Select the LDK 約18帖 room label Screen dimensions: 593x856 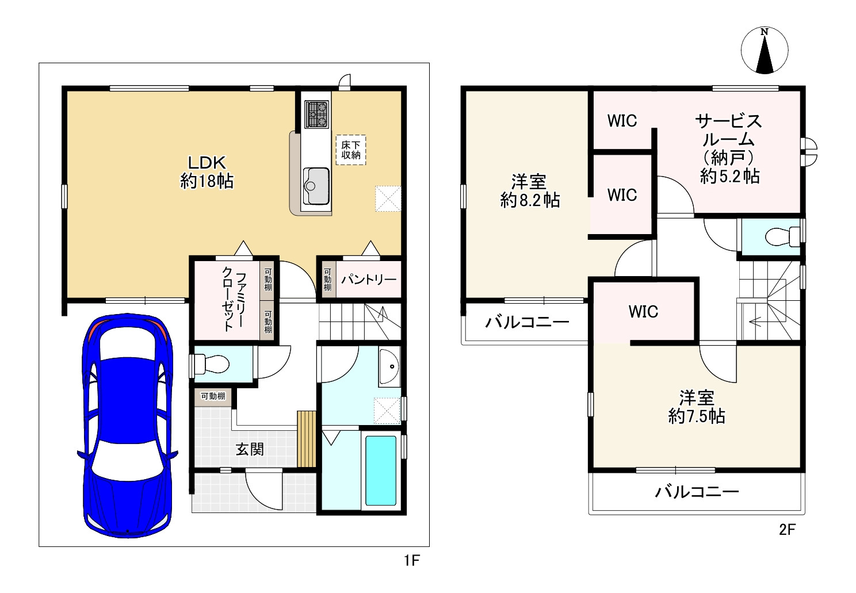[207, 171]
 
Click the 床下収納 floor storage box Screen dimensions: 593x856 [351, 150]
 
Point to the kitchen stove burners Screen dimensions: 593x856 [316, 113]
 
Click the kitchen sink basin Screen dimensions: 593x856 [316, 185]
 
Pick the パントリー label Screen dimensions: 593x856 [369, 280]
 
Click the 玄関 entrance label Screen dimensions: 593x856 [250, 449]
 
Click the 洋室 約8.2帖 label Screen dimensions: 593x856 [529, 191]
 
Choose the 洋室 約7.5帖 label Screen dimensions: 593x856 [696, 407]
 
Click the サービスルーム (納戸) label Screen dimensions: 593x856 [729, 148]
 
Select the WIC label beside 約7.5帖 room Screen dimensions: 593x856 [643, 312]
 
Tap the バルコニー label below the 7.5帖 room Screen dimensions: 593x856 [697, 492]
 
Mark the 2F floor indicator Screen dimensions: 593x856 [787, 530]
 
